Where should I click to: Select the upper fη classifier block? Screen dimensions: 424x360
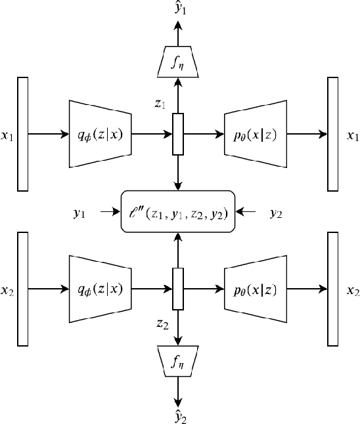(177, 63)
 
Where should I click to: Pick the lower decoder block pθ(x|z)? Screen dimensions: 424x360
(256, 289)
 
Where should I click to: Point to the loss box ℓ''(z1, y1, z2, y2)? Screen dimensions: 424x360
(177, 211)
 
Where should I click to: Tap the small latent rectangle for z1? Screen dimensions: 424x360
(177, 134)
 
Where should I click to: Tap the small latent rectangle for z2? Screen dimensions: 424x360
(177, 289)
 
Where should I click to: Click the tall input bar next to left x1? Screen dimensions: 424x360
(23, 134)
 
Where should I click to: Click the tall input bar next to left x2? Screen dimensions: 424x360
(23, 289)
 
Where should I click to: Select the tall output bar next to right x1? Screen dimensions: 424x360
(333, 134)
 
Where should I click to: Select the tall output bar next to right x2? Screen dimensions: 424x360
(333, 289)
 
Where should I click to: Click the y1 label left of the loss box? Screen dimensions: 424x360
(79, 213)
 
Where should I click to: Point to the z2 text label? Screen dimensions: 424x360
(162, 323)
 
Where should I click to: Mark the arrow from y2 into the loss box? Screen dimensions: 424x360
(248, 212)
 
